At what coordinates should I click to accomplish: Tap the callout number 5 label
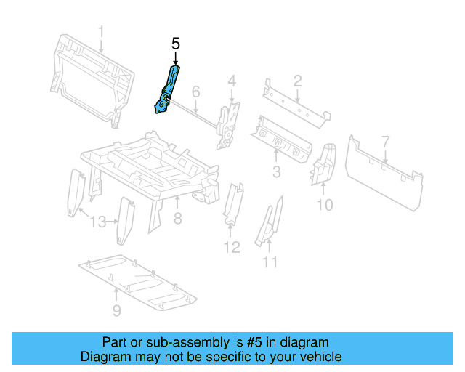click(175, 44)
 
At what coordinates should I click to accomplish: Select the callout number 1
click(102, 32)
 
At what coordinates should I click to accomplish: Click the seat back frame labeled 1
click(91, 76)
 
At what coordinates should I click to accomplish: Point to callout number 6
click(195, 92)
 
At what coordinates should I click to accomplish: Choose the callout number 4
click(232, 81)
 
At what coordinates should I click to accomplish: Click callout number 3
click(276, 171)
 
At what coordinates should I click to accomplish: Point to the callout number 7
click(386, 140)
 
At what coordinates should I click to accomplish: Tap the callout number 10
click(325, 205)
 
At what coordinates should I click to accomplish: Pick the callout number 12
click(231, 247)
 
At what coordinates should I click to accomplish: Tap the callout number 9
click(117, 312)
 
